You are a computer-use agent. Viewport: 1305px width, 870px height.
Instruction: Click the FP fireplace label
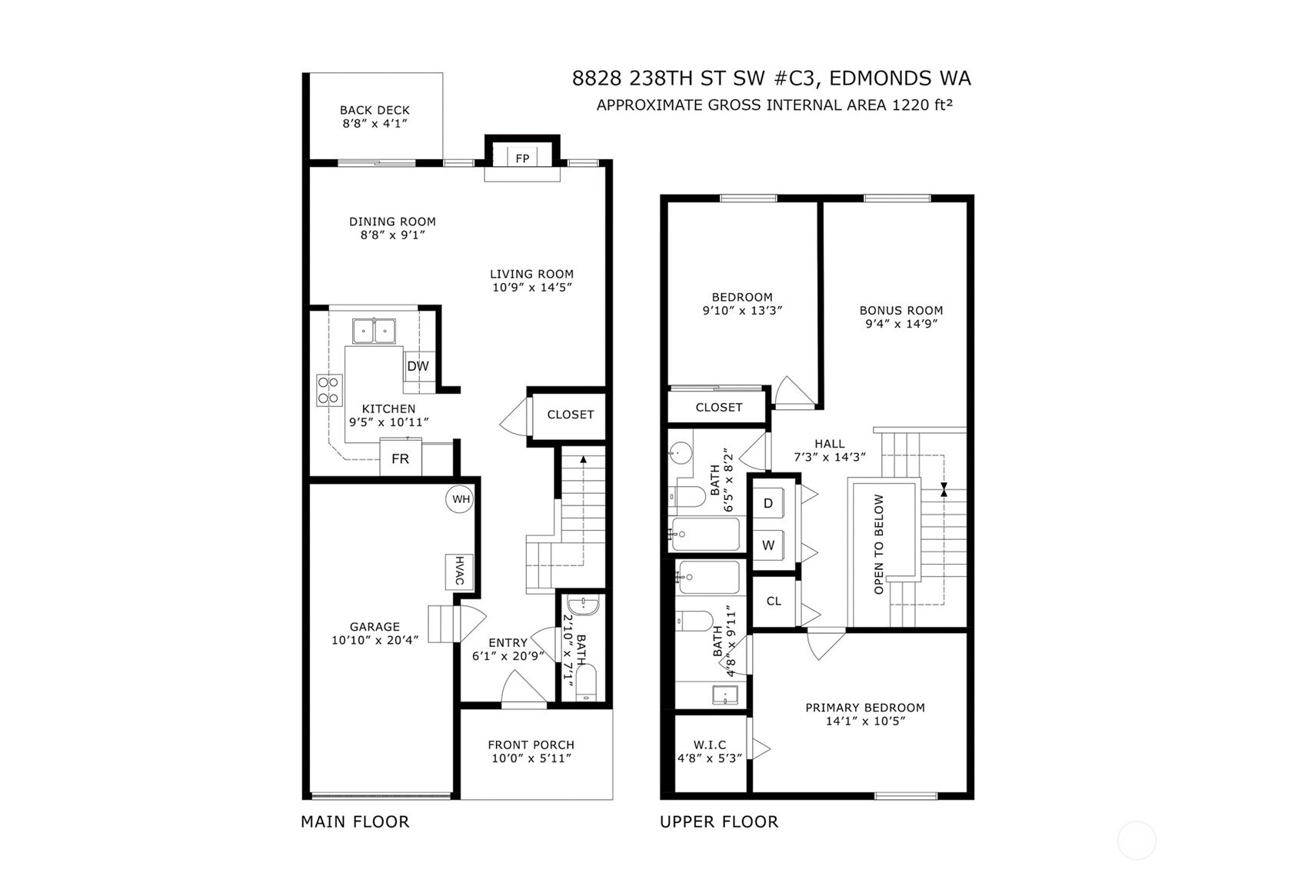522,158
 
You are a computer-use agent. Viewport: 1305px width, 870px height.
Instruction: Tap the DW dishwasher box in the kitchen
418,366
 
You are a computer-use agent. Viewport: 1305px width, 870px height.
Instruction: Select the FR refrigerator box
400,459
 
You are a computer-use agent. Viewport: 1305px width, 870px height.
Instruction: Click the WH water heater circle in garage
460,499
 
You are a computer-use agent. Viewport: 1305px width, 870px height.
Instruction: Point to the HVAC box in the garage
458,571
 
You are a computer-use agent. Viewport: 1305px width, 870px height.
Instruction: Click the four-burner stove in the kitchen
329,390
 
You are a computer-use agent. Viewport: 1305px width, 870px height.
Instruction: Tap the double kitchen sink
374,332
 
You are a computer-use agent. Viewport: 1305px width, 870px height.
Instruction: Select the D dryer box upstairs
767,504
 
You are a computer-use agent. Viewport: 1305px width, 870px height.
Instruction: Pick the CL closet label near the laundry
774,601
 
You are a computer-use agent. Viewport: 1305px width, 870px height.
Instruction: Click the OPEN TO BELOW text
879,544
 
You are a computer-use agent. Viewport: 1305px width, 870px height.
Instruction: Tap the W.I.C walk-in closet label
709,745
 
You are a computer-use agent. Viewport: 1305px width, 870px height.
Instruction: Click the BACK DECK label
375,110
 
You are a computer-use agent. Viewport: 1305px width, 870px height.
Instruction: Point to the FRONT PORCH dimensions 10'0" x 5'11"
531,758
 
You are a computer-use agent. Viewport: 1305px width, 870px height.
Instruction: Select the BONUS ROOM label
901,311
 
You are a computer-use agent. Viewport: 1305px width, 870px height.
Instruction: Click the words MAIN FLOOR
355,822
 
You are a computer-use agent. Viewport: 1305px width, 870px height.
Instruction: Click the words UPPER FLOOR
718,822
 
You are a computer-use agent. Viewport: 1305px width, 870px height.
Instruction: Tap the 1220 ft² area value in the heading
922,105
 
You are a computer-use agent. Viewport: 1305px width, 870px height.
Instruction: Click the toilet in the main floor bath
586,682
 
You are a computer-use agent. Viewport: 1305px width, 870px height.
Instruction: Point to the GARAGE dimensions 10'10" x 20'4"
375,639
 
